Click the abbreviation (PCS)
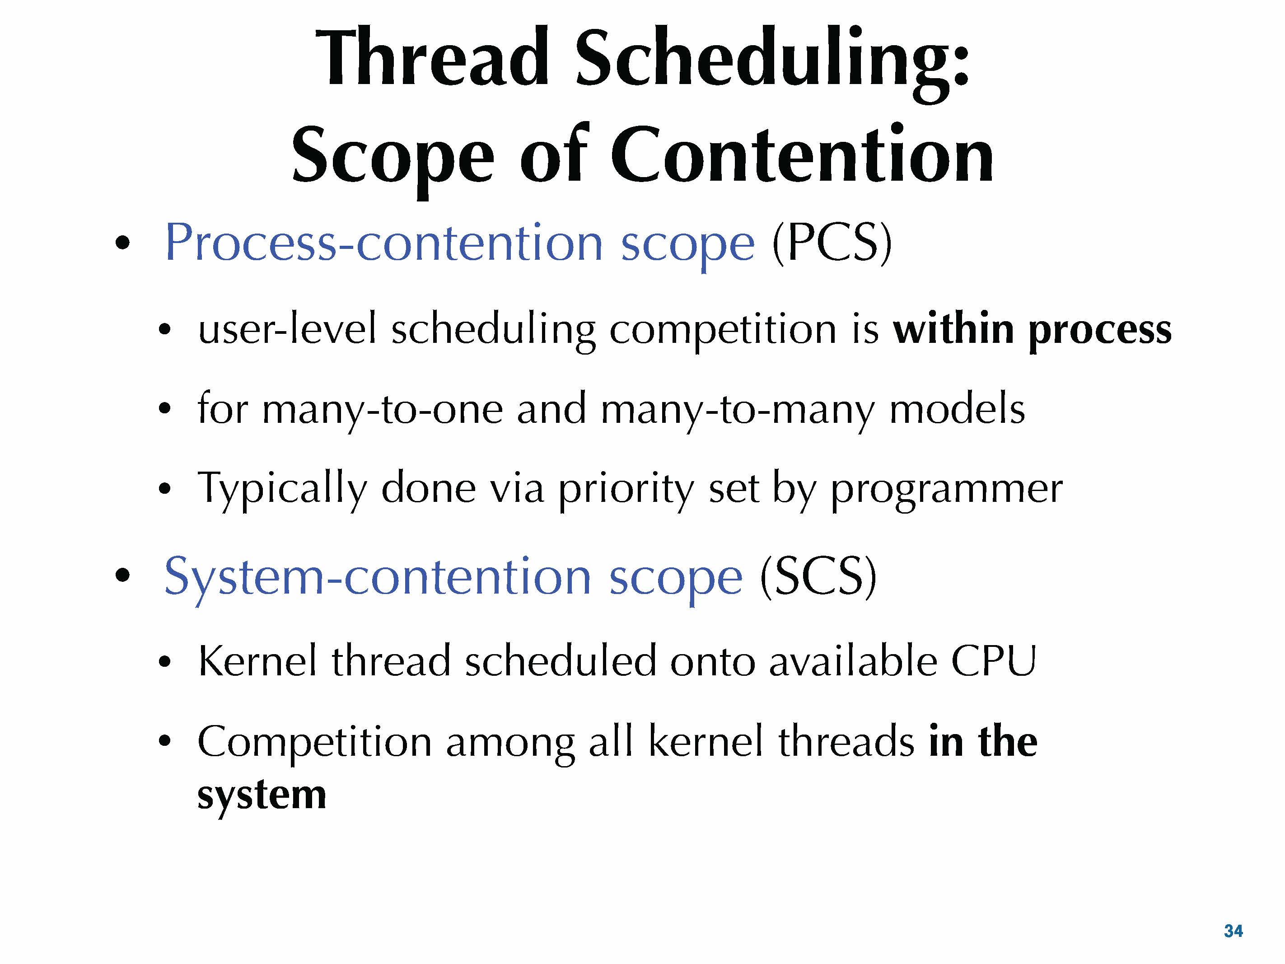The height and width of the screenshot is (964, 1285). (x=832, y=243)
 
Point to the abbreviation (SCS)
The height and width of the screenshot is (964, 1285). (x=818, y=576)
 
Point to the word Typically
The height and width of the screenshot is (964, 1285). (x=282, y=490)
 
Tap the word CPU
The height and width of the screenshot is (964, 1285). (x=993, y=661)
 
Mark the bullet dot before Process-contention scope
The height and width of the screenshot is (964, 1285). (x=122, y=243)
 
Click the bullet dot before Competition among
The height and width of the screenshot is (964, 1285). (x=165, y=740)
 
